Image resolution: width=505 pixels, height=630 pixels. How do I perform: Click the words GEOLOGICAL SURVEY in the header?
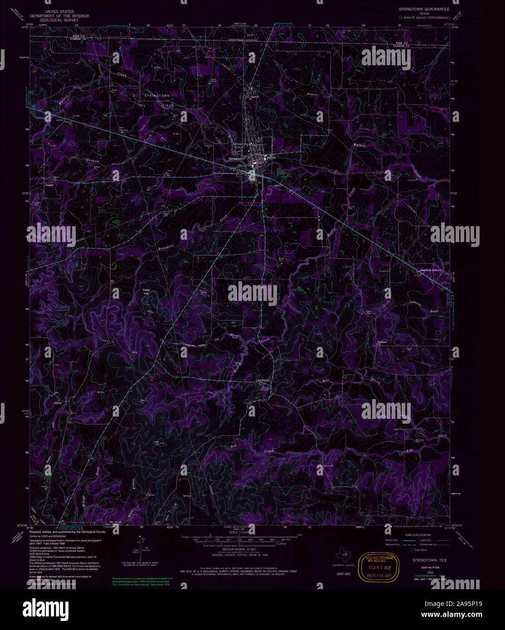59,20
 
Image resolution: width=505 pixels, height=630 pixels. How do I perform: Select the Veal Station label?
263,380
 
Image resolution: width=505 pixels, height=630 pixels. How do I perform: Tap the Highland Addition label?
429,271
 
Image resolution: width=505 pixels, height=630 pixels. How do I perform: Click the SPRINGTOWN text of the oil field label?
157,96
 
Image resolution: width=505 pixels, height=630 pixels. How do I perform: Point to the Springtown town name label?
236,159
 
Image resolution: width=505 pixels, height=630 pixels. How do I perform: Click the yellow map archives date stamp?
378,567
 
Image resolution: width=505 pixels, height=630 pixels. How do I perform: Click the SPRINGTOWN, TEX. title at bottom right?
429,561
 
